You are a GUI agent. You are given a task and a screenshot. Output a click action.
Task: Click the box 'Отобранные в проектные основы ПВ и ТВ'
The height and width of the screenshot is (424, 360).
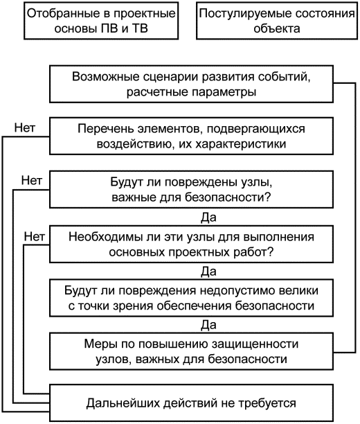point(101,21)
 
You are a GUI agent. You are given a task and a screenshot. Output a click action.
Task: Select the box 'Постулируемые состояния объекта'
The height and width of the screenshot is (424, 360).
point(277,21)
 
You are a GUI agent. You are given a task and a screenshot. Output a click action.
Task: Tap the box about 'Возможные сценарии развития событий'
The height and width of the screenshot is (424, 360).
point(191,84)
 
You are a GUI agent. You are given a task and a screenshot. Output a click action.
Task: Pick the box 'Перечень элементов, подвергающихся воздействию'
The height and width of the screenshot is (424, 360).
point(191,136)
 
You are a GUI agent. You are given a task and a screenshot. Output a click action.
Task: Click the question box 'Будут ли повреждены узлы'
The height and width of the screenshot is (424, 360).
point(191,189)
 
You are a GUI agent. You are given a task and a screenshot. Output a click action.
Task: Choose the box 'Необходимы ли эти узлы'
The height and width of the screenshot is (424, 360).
point(191,244)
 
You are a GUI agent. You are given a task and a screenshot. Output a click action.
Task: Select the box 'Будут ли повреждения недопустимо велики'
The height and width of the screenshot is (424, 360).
point(191,298)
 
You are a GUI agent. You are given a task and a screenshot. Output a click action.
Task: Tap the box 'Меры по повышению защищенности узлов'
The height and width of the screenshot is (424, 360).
point(191,351)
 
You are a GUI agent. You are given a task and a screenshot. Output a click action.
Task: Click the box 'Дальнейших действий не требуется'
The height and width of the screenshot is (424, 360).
point(191,403)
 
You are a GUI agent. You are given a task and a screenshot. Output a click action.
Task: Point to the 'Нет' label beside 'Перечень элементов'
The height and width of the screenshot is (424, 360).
point(25,127)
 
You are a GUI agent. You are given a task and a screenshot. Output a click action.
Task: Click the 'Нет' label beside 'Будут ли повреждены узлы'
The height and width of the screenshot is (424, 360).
point(32,180)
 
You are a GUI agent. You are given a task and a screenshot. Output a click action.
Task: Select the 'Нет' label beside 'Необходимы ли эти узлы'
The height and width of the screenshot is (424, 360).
point(35,237)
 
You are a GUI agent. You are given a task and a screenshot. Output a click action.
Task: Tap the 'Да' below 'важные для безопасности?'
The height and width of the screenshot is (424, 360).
point(208,217)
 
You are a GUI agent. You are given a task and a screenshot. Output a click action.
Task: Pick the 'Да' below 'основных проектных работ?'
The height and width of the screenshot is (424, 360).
point(208,271)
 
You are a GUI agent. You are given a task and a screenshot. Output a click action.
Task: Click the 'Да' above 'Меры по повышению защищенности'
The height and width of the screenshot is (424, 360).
point(208,325)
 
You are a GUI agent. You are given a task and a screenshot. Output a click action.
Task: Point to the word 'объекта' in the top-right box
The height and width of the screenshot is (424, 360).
point(277,28)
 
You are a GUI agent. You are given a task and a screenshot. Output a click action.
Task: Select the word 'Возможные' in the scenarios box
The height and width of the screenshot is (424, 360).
point(106,77)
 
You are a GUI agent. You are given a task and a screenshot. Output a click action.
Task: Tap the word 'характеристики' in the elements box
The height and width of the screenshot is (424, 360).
point(241,144)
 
